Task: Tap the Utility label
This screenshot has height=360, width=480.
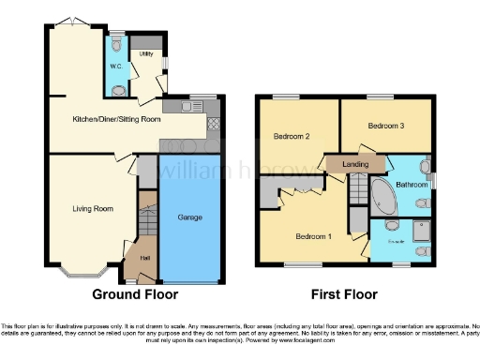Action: [145, 54]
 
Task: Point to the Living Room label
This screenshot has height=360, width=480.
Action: [91, 208]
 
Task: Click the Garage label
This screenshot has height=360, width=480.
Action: [190, 217]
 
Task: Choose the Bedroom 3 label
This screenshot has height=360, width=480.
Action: [385, 125]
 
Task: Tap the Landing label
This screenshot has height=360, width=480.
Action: [355, 164]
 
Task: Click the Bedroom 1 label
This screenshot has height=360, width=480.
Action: [313, 235]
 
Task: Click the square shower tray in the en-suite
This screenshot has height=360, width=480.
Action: [420, 229]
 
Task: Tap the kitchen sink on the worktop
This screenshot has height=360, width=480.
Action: [174, 108]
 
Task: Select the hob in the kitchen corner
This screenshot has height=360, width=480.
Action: [213, 123]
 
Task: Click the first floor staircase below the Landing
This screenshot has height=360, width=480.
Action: [359, 192]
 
